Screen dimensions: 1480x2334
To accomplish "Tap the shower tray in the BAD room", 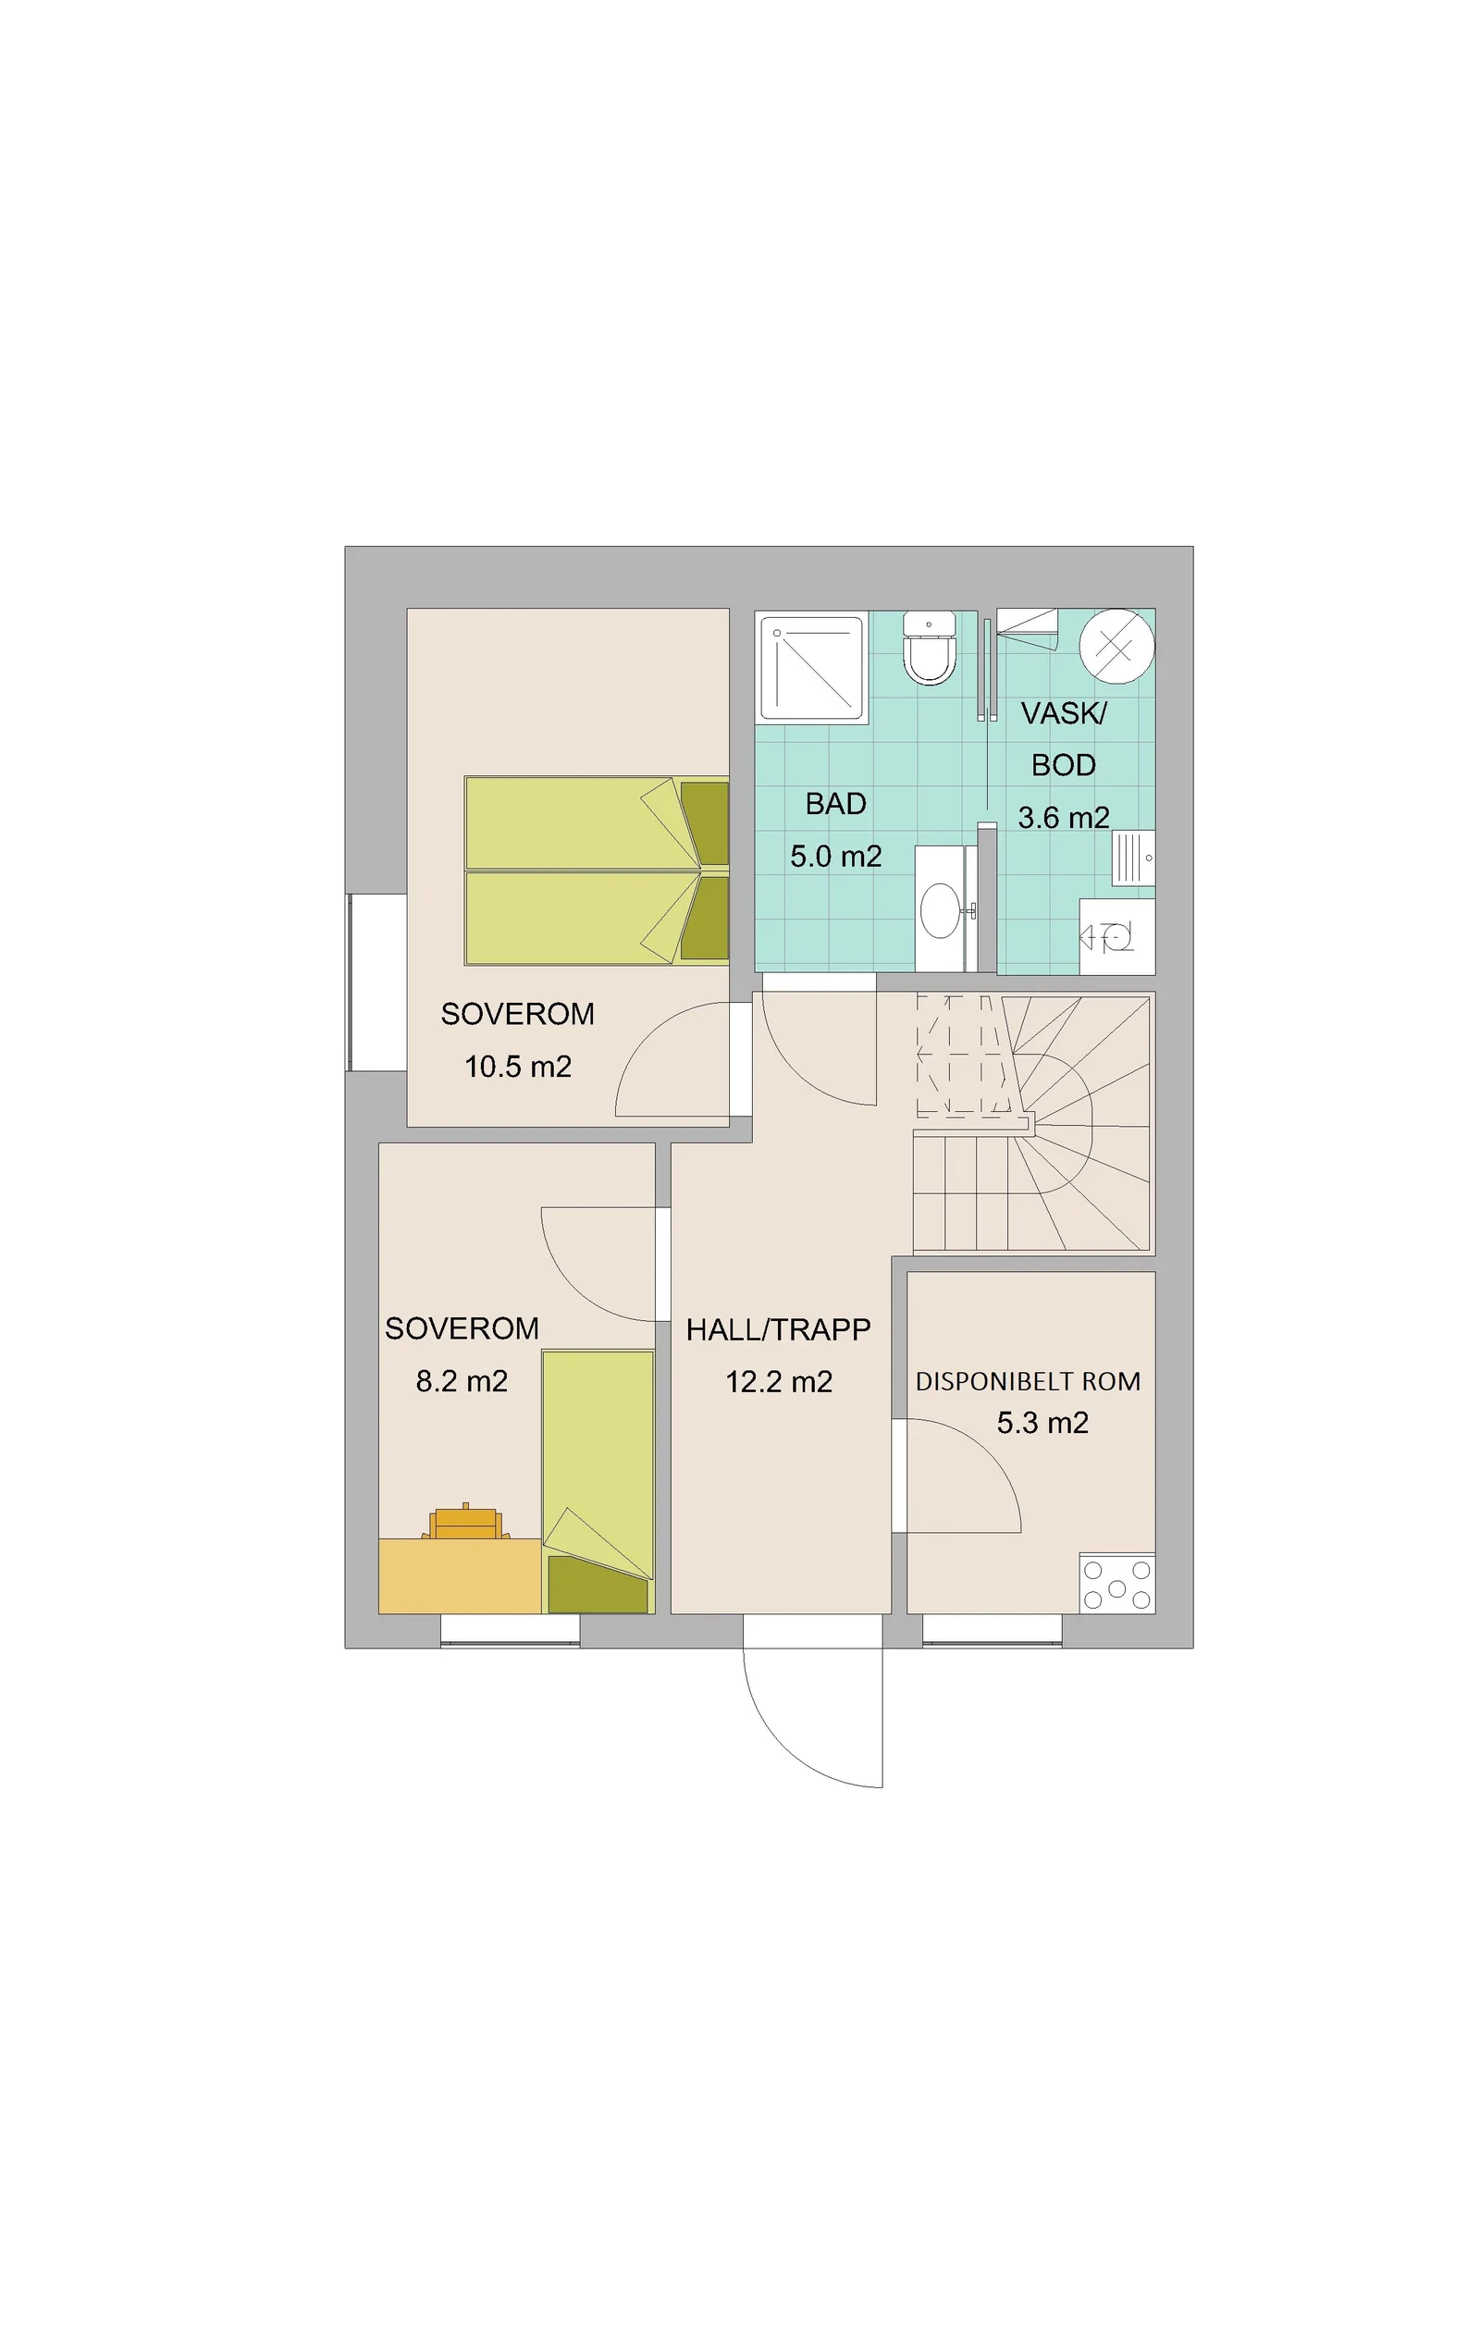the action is [x=809, y=668].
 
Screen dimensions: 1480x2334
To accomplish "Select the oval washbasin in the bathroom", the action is [x=939, y=909].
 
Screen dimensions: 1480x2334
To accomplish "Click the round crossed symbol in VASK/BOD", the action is [x=1116, y=646].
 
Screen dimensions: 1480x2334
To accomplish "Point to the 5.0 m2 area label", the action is [x=835, y=856].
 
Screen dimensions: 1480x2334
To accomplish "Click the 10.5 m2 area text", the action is [x=518, y=1067].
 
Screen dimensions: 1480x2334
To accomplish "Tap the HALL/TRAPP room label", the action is [x=778, y=1328].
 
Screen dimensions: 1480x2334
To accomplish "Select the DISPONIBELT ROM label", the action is [x=1028, y=1381].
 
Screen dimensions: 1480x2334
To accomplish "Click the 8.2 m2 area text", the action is [x=462, y=1380].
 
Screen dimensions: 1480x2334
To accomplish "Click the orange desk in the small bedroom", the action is [x=460, y=1575].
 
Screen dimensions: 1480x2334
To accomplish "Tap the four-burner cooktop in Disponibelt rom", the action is [x=1116, y=1584].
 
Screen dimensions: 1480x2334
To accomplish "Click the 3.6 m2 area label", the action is [x=1063, y=817].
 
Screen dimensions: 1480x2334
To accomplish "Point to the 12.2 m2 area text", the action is [x=779, y=1381].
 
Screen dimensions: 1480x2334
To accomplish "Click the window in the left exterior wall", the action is [x=376, y=982].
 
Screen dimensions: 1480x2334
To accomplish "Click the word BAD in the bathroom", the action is [x=835, y=804].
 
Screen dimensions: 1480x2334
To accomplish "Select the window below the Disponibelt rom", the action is [x=992, y=1630].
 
